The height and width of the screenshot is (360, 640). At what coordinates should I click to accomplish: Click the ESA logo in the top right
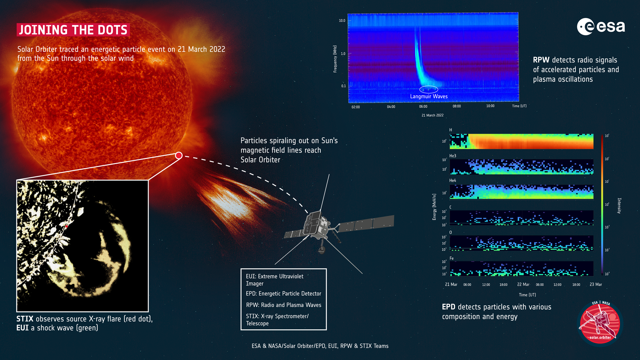pyautogui.click(x=601, y=27)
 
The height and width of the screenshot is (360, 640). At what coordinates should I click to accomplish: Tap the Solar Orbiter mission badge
pyautogui.click(x=600, y=323)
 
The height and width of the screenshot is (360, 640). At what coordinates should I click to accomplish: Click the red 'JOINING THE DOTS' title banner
pyautogui.click(x=73, y=30)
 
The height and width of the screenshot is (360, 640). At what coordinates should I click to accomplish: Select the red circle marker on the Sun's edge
pyautogui.click(x=179, y=155)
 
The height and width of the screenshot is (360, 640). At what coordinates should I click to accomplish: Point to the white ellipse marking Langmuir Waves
pyautogui.click(x=428, y=89)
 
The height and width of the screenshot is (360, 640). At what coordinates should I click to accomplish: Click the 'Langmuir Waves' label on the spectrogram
pyautogui.click(x=429, y=96)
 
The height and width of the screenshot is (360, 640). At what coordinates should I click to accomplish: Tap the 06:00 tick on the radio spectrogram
pyautogui.click(x=423, y=107)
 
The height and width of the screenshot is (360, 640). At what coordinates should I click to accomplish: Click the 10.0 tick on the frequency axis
pyautogui.click(x=342, y=21)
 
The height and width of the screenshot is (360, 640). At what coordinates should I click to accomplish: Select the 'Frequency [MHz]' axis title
pyautogui.click(x=335, y=59)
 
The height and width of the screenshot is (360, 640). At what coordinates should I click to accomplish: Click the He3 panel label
pyautogui.click(x=453, y=156)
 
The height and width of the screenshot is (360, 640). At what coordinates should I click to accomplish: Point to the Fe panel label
pyautogui.click(x=452, y=258)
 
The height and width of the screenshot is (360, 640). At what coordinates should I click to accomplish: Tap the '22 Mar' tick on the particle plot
pyautogui.click(x=523, y=284)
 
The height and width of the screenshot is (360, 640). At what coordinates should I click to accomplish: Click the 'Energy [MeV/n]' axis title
pyautogui.click(x=434, y=207)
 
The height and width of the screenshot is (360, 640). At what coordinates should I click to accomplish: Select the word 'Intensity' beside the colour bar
pyautogui.click(x=619, y=206)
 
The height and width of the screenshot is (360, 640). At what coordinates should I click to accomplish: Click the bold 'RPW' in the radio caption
pyautogui.click(x=541, y=60)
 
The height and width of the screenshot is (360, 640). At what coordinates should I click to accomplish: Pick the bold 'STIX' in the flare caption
pyautogui.click(x=25, y=319)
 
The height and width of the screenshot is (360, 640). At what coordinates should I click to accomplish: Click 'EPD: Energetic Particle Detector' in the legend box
pyautogui.click(x=283, y=294)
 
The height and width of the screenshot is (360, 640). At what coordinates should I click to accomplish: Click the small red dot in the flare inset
pyautogui.click(x=67, y=226)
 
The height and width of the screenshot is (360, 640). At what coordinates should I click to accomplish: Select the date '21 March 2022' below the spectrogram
pyautogui.click(x=432, y=115)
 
